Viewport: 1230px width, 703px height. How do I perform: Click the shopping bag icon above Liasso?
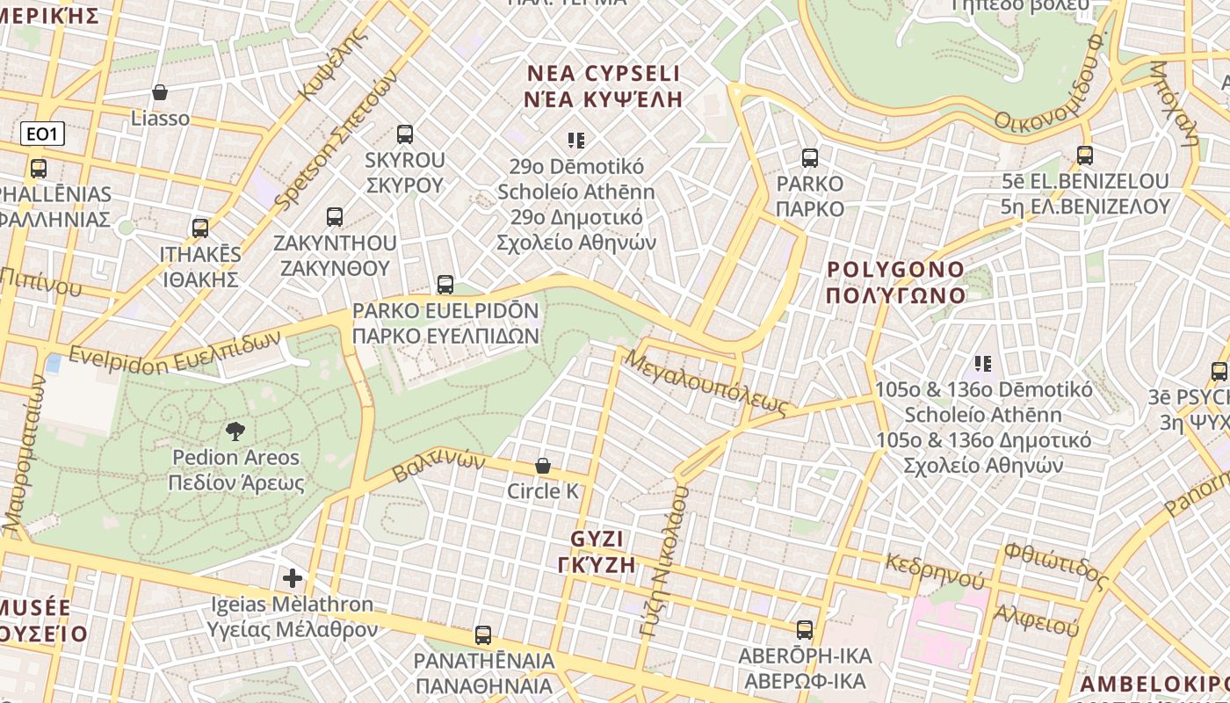point(160,92)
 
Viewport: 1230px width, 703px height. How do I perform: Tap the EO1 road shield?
point(42,134)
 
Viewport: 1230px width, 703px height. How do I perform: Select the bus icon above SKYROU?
point(404,134)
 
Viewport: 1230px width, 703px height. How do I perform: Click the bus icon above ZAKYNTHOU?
point(334,217)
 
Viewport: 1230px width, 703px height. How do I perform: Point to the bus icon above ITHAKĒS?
point(200,228)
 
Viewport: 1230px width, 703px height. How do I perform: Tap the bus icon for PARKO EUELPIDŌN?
point(445,285)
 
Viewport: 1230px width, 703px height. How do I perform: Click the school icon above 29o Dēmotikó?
point(576,140)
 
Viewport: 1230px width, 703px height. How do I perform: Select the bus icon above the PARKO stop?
point(810,158)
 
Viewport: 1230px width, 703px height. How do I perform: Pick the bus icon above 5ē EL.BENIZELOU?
point(1085,156)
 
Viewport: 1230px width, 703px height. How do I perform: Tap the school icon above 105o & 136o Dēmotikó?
point(983,363)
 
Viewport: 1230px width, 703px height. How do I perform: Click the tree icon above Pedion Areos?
point(235,431)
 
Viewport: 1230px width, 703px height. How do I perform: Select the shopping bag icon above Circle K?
point(543,466)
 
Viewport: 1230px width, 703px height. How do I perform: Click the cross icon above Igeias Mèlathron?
point(293,578)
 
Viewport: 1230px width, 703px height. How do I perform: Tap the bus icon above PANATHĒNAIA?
point(482,634)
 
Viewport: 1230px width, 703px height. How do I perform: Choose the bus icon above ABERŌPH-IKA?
point(805,630)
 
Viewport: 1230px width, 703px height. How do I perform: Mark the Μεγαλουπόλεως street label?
point(706,383)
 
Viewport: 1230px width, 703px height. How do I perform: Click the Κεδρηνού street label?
point(935,571)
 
